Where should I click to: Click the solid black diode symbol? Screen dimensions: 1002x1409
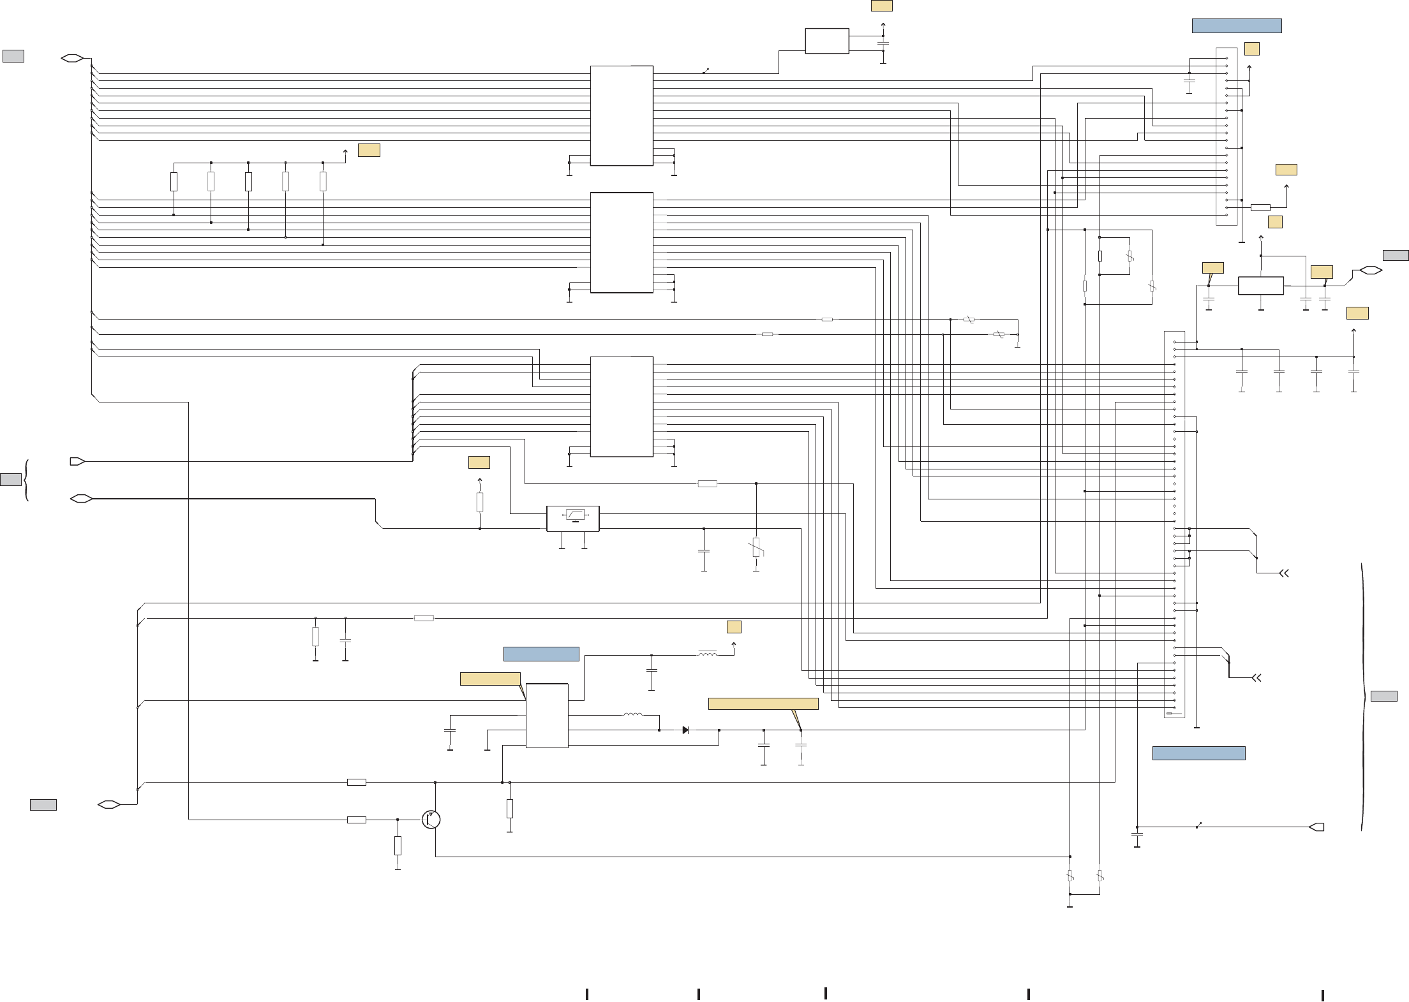coord(685,730)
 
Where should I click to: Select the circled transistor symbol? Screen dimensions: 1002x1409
coord(432,820)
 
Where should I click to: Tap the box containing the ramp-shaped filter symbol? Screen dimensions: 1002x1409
coord(573,518)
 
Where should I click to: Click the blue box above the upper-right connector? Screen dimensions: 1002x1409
coord(1237,26)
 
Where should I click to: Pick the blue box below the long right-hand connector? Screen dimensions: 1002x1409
coord(1198,753)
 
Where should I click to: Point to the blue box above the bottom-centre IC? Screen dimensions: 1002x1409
coord(541,654)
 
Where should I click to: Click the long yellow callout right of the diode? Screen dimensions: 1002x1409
coord(763,704)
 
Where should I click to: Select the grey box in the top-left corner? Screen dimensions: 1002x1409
coord(13,56)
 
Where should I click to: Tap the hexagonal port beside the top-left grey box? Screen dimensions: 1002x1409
coord(73,59)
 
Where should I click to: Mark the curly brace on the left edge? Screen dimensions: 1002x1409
coord(26,480)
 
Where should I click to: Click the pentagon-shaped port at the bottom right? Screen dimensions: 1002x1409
coord(1316,827)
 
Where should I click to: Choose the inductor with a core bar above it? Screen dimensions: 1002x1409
coord(707,654)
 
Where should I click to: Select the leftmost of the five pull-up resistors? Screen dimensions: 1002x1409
coord(174,182)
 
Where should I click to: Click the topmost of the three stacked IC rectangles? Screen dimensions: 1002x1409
coord(622,115)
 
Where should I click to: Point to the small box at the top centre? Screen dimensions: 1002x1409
coord(827,41)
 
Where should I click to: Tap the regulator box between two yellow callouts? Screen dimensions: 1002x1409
coord(1261,286)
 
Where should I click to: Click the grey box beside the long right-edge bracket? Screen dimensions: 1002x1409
coord(1383,696)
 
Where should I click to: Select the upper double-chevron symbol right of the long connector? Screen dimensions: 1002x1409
coord(1285,573)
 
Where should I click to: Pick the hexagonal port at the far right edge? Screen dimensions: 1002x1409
coord(1370,270)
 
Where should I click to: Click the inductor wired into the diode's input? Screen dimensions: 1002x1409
coord(633,715)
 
